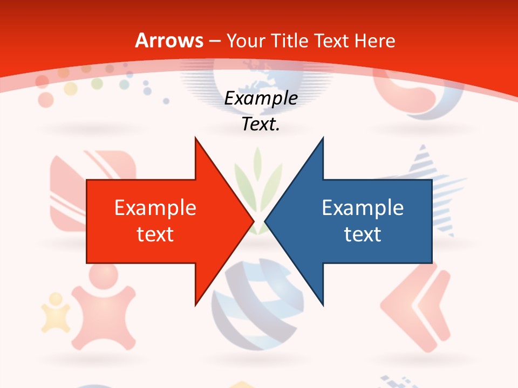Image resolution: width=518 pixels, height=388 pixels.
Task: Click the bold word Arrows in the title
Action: point(169,40)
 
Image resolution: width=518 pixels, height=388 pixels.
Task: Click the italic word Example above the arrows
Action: point(261,99)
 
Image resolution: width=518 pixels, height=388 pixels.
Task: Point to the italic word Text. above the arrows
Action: point(261,124)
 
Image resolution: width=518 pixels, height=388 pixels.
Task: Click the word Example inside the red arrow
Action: point(155,208)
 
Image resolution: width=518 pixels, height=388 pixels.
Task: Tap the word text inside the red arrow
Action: point(155,234)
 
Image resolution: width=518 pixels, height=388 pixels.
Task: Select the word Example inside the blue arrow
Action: point(363,208)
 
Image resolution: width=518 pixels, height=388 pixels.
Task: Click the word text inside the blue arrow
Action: point(363,234)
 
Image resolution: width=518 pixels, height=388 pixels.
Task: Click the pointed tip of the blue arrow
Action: point(266,220)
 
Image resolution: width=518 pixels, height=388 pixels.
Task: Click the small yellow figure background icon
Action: point(56,313)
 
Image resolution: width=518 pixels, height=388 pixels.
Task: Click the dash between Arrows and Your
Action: point(214,41)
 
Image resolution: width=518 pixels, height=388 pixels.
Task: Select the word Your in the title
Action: point(244,40)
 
